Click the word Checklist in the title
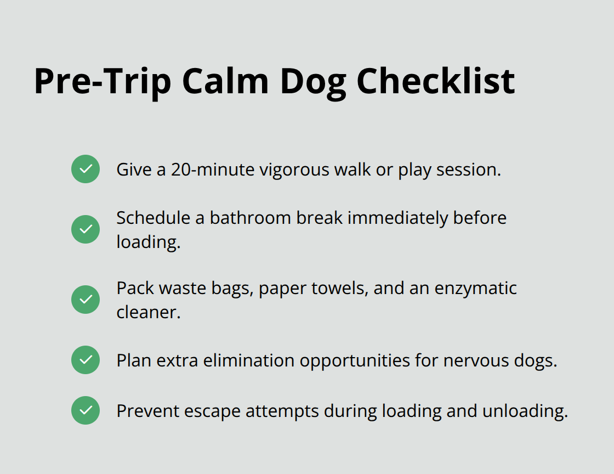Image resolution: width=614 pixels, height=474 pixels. [x=436, y=81]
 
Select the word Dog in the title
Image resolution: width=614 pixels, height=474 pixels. [x=312, y=81]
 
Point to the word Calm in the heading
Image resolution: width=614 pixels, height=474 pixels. [x=226, y=81]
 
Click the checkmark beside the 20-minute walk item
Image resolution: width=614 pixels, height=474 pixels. [x=86, y=169]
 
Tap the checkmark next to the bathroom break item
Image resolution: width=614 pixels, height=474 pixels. [x=86, y=229]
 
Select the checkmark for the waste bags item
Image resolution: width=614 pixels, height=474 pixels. [x=86, y=300]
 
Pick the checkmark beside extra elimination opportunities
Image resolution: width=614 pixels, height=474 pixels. [x=86, y=360]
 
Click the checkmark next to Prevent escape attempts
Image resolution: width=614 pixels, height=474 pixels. [x=86, y=410]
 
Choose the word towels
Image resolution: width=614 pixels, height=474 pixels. [x=339, y=289]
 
